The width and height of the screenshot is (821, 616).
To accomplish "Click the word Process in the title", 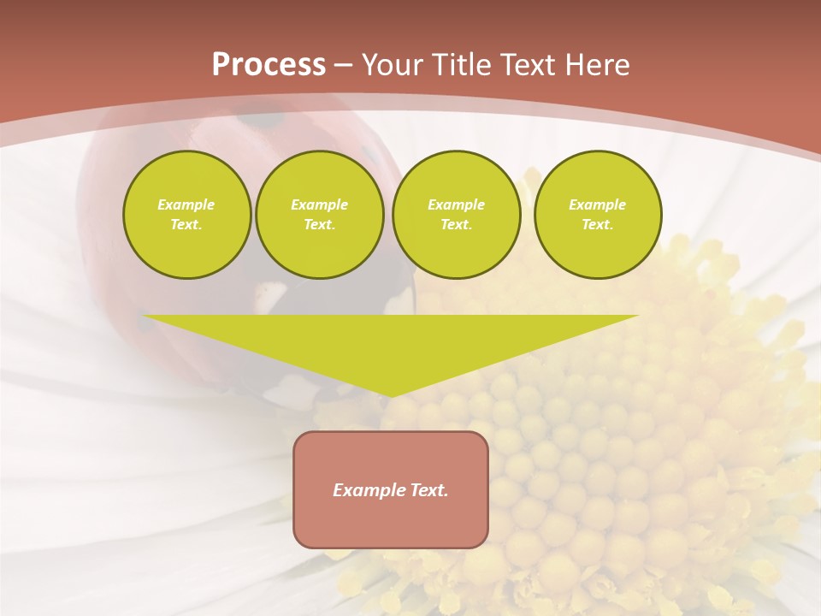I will [269, 65].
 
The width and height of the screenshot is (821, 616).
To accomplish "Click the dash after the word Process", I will [344, 66].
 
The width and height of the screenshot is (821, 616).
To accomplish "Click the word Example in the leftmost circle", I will [186, 204].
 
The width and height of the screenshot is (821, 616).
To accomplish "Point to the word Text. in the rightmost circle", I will [598, 225].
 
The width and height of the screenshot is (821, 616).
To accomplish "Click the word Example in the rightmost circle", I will [598, 204].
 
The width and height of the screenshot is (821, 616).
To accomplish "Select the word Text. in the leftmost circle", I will [186, 225].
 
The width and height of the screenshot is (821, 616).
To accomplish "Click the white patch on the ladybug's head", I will [270, 295].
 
